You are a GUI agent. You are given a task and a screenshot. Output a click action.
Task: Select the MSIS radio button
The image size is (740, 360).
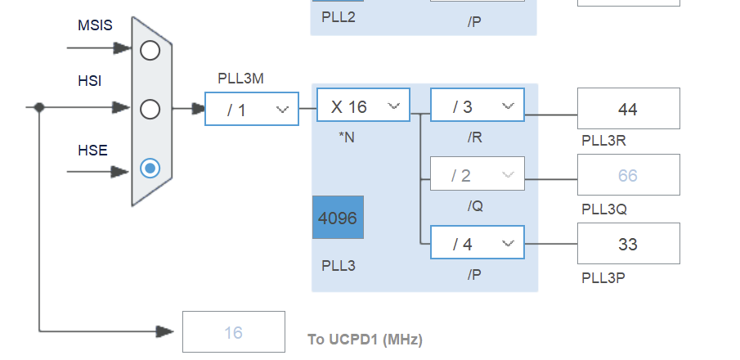point(150,51)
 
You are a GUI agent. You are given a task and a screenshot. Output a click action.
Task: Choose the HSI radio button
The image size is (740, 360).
point(150,109)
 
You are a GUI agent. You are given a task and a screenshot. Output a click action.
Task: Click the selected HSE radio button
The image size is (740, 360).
point(150,168)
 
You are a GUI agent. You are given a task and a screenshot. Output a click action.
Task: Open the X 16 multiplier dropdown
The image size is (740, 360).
point(363,106)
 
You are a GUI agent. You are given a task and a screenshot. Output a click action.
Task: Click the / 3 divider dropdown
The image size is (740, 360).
point(478,106)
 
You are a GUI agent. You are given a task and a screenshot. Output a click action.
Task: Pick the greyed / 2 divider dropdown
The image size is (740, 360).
point(478,175)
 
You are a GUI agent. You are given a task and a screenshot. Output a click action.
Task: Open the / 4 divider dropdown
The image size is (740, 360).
point(478,244)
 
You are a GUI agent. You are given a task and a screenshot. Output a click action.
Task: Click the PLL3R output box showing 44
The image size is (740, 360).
point(628,109)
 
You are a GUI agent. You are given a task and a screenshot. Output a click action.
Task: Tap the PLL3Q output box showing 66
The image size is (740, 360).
point(628,175)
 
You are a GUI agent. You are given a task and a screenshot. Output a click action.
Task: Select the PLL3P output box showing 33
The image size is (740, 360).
point(628,244)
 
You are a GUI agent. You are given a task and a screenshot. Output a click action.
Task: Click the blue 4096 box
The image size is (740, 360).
point(338,218)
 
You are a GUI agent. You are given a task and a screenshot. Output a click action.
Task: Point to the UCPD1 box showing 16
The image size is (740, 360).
point(234,332)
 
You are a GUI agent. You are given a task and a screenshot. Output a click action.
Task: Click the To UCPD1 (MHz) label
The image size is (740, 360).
point(365,339)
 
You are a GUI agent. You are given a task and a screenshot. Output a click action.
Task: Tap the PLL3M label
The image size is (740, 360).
point(240,79)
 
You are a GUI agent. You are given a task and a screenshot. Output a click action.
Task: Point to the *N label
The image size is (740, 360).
point(347,137)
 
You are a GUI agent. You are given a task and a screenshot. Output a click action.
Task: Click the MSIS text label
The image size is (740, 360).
point(95,26)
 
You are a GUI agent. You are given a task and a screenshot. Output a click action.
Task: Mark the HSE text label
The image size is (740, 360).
point(92,150)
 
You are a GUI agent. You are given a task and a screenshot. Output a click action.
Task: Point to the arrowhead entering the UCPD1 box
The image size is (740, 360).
point(166,331)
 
